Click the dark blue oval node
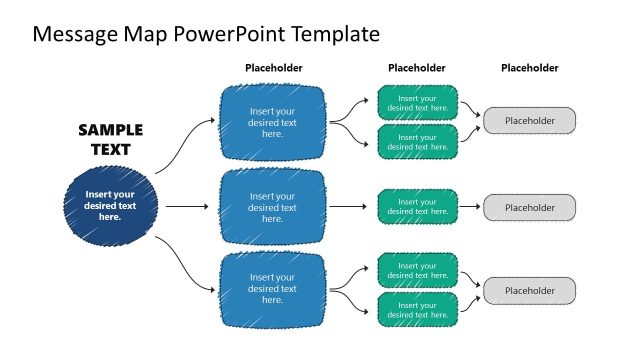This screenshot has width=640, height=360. coord(110,205)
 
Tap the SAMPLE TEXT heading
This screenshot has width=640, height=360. coord(110,140)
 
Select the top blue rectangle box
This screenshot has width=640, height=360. coord(272,122)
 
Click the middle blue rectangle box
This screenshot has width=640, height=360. coord(272,206)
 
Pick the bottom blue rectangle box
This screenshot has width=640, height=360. coord(272,289)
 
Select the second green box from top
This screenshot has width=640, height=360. coord(417,140)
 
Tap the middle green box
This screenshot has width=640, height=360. coord(417,206)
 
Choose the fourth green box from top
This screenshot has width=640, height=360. coord(417,272)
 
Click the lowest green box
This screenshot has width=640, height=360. coord(417,308)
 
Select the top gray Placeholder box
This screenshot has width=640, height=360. coord(530,121)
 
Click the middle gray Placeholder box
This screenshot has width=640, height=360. coord(530,207)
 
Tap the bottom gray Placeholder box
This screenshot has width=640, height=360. coord(530,290)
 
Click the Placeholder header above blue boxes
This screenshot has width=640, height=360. coord(273,68)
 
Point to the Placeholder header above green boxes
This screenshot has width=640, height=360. coord(416,68)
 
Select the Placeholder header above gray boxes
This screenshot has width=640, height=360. coord(529,68)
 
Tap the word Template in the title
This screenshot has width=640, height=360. coord(335,34)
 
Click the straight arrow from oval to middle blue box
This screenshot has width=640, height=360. coord(186,207)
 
